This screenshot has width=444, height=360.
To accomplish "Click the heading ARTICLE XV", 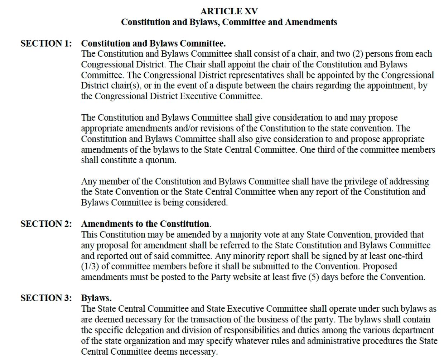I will point(229,11).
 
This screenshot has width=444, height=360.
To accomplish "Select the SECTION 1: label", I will point(46,43).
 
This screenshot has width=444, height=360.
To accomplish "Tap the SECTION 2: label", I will point(46,224).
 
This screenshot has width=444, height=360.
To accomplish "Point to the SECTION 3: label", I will point(46,298).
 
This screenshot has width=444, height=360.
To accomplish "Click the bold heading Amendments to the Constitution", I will point(145,224).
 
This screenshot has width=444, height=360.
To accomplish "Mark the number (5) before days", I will point(313,277).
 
